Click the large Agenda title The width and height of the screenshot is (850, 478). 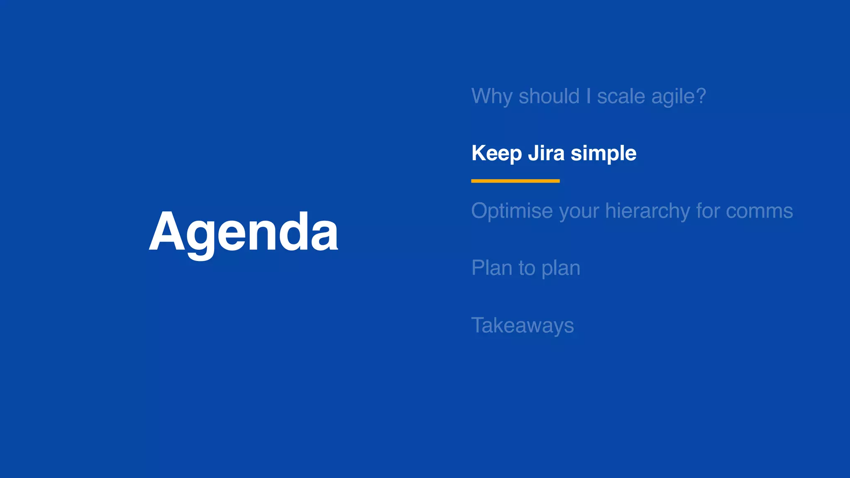[244, 232]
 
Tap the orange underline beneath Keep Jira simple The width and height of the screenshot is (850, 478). [515, 181]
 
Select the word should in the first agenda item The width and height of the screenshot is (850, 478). [549, 96]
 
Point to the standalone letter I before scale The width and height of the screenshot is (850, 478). [589, 96]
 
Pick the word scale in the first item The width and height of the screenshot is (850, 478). [621, 96]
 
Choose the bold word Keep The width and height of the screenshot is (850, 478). [496, 154]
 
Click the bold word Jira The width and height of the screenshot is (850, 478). [546, 153]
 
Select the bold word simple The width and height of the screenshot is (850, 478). [603, 154]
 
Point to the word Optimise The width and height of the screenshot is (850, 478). [512, 211]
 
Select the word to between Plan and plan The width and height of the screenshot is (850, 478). [527, 268]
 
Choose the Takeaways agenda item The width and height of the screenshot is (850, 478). [523, 325]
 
